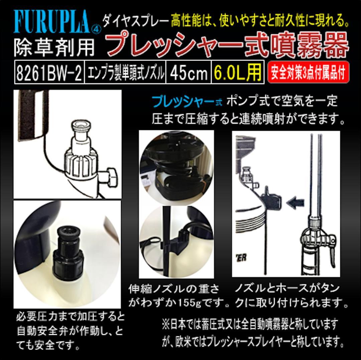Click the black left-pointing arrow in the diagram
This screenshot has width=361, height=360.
295,202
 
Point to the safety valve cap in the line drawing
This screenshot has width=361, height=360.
80,127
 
